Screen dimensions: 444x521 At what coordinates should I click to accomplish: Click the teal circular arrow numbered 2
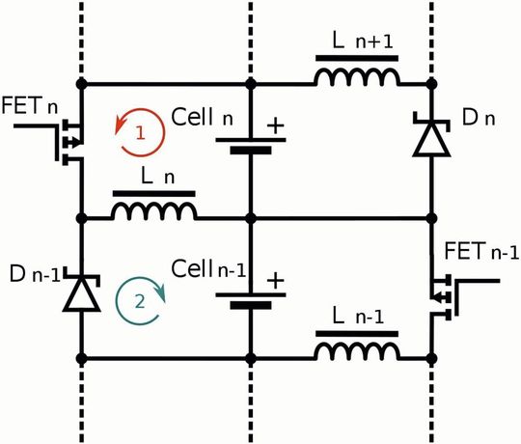(x=140, y=299)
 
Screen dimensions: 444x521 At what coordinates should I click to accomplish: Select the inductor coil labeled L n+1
(x=358, y=77)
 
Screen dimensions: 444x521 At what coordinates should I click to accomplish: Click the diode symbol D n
(x=430, y=139)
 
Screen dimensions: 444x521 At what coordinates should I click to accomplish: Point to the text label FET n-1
(x=479, y=253)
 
